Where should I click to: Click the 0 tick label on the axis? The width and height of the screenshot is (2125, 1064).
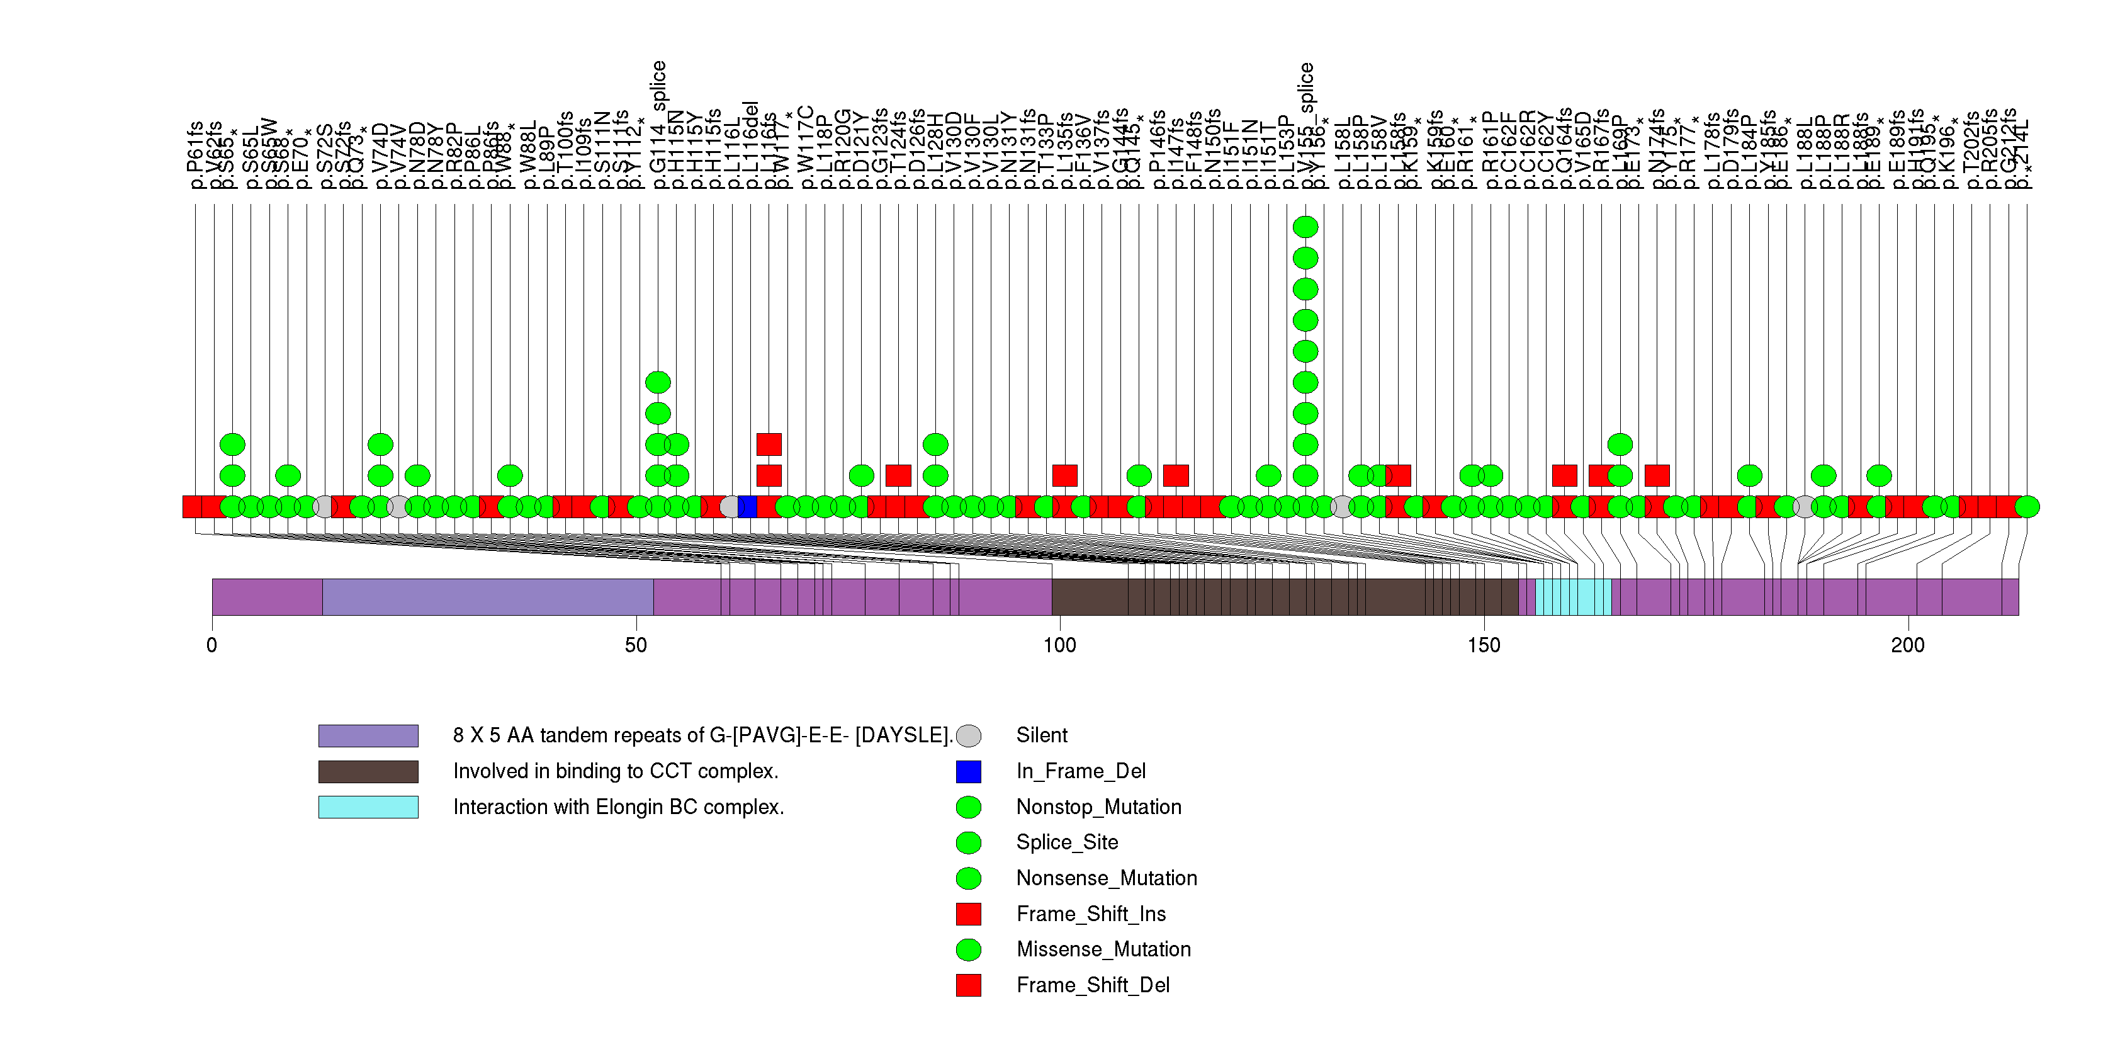click(212, 645)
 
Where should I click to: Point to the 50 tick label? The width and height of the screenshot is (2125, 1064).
click(636, 645)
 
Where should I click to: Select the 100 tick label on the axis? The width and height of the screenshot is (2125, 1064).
click(1059, 645)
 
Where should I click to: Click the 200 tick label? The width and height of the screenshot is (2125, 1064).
click(1907, 645)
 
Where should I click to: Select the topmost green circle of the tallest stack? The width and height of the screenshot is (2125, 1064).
click(1305, 227)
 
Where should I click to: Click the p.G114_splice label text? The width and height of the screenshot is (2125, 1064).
click(658, 124)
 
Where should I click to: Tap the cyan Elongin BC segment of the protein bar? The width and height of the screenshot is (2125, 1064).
click(1573, 597)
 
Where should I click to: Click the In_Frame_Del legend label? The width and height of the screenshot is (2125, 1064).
click(1081, 771)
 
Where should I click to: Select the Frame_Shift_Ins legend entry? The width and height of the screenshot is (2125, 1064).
click(1091, 914)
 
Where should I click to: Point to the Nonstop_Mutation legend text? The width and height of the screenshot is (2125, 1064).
click(1099, 806)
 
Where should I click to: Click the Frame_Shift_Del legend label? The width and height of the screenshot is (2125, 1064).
click(1092, 985)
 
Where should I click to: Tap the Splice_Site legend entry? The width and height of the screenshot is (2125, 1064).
click(1067, 842)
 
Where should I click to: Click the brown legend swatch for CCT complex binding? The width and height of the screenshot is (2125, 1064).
click(368, 771)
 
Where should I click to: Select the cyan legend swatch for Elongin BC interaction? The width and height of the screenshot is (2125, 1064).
click(368, 806)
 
